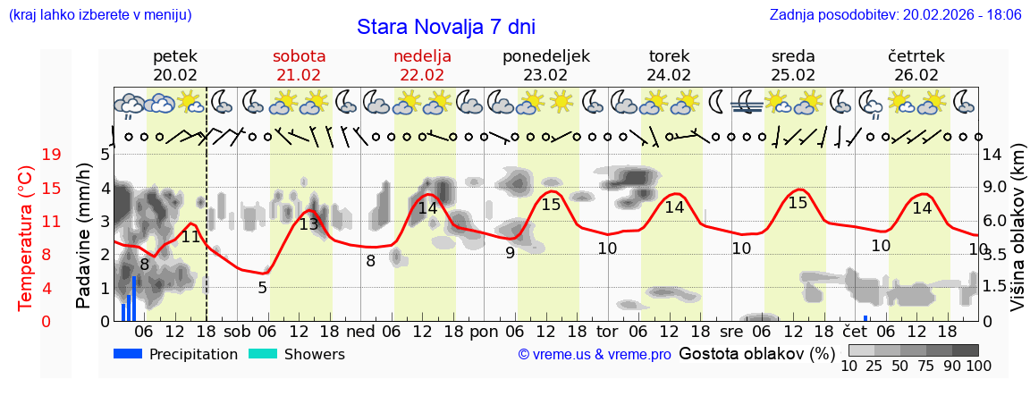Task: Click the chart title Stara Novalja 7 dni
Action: coord(446,26)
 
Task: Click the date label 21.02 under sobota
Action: coord(299,75)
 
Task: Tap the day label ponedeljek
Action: coord(545,56)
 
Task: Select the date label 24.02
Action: coord(669,75)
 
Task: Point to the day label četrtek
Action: coord(916,56)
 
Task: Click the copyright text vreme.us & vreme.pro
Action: coord(595,355)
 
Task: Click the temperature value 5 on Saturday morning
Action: coord(262,288)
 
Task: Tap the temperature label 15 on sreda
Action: coord(798,203)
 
